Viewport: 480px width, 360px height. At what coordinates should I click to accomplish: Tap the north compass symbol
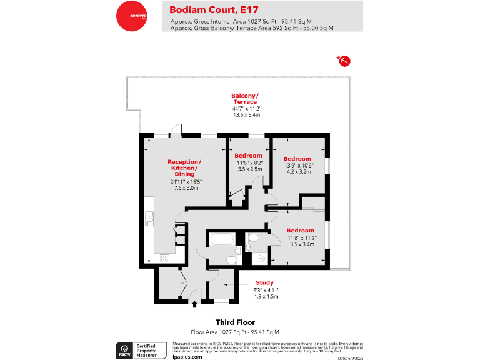click(343, 60)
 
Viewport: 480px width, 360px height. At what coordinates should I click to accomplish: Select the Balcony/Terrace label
click(245, 98)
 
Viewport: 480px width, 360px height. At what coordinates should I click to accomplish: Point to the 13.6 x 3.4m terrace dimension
click(246, 115)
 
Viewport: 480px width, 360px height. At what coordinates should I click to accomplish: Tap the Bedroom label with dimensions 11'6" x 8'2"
click(248, 155)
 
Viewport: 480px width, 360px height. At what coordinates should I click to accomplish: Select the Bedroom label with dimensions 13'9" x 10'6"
click(297, 159)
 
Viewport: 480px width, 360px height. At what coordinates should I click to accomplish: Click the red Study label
click(265, 282)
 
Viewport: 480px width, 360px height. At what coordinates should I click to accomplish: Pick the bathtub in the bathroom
click(221, 240)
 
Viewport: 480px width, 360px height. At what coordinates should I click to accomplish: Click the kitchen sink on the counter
click(149, 219)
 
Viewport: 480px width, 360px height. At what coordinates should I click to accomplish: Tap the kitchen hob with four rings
click(166, 258)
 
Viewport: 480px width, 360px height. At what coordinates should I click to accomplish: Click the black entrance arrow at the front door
click(194, 305)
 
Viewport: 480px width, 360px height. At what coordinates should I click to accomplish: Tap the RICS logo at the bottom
click(124, 349)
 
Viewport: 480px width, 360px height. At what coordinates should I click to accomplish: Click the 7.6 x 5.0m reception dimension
click(184, 187)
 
